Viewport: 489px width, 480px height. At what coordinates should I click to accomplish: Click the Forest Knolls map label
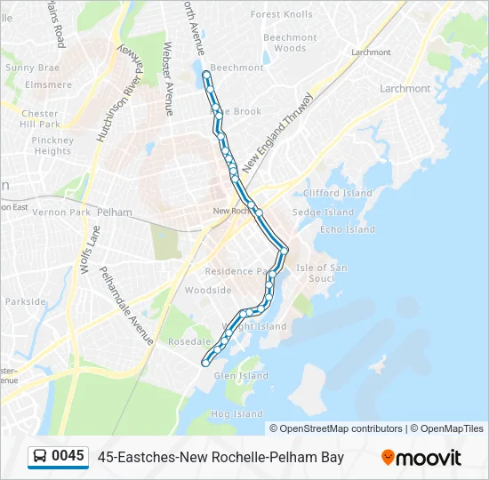(x=281, y=15)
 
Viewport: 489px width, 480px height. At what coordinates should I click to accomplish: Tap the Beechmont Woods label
(x=290, y=43)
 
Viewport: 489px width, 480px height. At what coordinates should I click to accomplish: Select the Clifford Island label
(x=337, y=193)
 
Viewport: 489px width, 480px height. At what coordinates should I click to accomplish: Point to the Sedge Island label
(x=323, y=212)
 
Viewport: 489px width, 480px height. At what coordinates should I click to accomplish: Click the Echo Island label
(x=348, y=229)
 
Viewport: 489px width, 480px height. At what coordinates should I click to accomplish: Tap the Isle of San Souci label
(x=321, y=273)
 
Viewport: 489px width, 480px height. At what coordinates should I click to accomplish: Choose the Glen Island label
(x=241, y=376)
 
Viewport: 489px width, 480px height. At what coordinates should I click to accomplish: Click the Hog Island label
(x=236, y=414)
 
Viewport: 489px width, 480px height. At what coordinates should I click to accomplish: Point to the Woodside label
(x=208, y=291)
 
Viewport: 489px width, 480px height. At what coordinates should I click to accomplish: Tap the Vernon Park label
(x=61, y=212)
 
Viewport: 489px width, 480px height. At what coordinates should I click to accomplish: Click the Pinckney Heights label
(x=52, y=146)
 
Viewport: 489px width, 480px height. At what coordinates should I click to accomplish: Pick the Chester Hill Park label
(x=40, y=119)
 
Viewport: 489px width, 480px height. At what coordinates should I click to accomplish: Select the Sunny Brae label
(x=32, y=68)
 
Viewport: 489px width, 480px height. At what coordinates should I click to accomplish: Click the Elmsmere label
(x=49, y=85)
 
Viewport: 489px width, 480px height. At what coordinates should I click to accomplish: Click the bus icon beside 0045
(x=40, y=457)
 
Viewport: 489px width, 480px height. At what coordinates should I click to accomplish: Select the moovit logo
(x=421, y=458)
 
